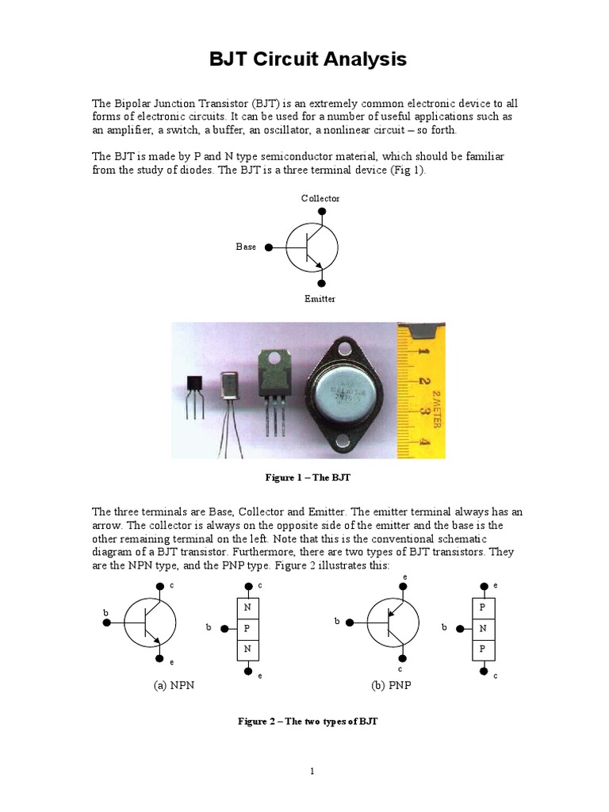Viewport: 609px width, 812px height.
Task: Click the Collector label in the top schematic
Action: (x=320, y=198)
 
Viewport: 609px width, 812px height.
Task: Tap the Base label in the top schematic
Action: (x=246, y=247)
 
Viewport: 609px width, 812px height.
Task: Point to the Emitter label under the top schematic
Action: (x=320, y=299)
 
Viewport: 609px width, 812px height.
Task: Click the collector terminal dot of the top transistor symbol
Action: (x=321, y=212)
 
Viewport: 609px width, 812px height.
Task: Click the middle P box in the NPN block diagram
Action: (x=247, y=628)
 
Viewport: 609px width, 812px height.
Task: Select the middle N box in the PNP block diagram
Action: (x=481, y=628)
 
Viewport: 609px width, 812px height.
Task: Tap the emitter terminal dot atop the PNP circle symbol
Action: (x=406, y=586)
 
